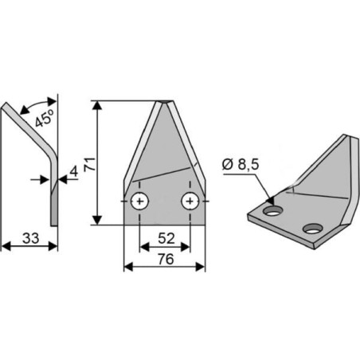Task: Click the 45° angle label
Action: [45, 118]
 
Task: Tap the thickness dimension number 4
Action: [74, 172]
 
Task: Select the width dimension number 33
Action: [31, 238]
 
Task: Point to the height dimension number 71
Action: [89, 164]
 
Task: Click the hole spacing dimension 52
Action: [166, 238]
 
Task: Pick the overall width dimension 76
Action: [166, 259]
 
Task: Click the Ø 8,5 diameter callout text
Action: [241, 165]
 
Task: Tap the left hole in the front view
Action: [139, 201]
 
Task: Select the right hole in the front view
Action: [190, 201]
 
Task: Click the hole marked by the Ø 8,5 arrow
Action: [272, 211]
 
